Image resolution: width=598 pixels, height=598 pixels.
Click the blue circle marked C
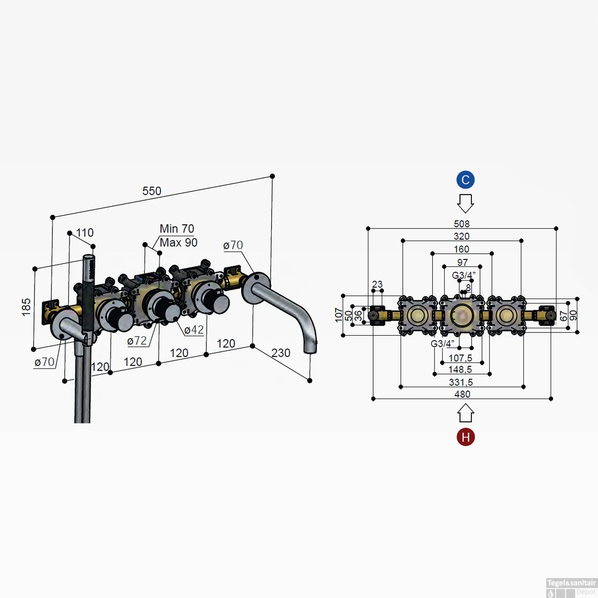pos(465,180)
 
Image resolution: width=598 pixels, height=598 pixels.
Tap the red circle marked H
pos(465,437)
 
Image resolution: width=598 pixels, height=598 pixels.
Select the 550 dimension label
pos(152,191)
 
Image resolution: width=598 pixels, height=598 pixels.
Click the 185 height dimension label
pos(26,307)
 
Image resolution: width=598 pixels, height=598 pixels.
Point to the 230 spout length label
pos(281,353)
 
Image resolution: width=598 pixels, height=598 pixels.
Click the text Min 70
pos(177,229)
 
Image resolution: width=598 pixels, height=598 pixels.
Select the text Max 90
pos(178,242)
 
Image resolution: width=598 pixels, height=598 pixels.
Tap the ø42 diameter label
pos(194,330)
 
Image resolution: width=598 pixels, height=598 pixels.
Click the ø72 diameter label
pos(137,341)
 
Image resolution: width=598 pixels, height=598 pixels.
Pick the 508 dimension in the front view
pos(462,224)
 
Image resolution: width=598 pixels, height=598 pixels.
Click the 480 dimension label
pos(462,394)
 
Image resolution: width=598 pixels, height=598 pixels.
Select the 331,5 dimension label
pos(461,382)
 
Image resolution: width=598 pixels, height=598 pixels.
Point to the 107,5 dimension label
pos(460,358)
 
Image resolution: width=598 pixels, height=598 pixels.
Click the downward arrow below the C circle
pos(465,203)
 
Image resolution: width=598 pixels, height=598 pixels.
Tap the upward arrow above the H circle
pos(465,413)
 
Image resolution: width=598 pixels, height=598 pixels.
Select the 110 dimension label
pos(85,233)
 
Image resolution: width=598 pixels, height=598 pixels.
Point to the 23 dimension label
pos(377,284)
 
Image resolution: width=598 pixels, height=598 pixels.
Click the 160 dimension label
pos(461,249)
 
